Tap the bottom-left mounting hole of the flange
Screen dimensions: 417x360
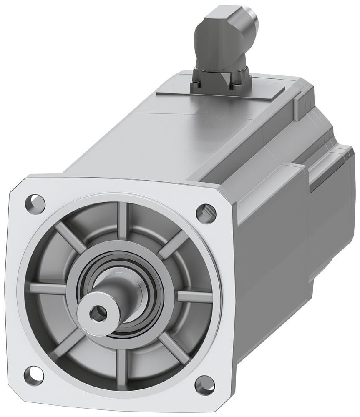[33, 375]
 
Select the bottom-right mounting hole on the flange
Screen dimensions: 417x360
[204, 384]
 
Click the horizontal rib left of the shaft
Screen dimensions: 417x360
[48, 288]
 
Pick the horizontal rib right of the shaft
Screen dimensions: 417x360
[194, 296]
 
